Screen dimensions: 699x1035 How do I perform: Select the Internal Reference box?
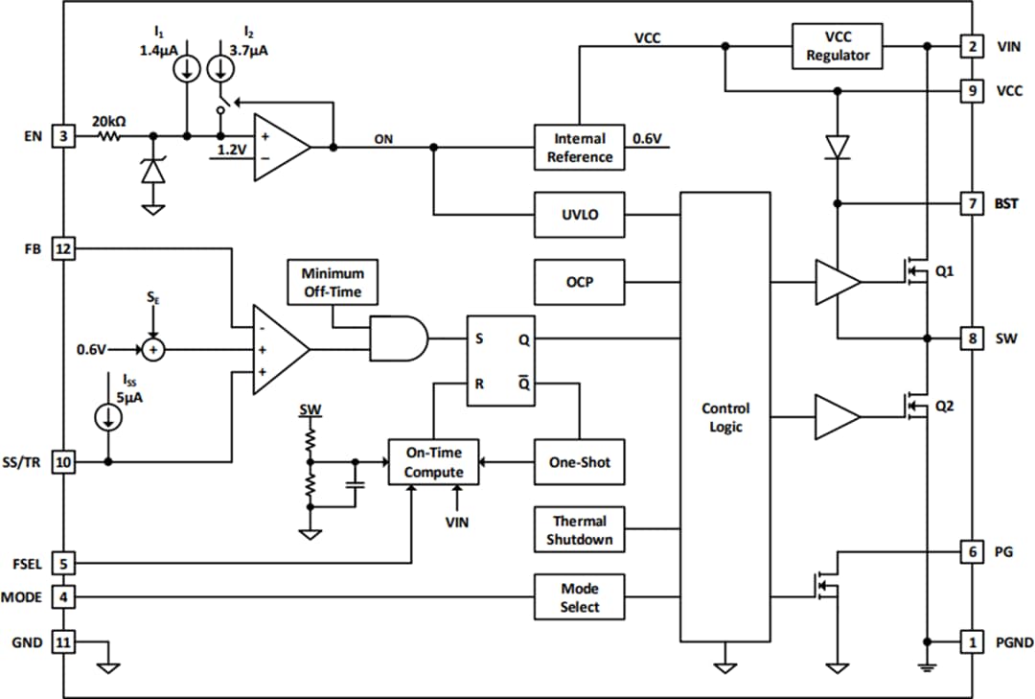point(580,148)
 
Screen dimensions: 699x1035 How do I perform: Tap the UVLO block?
point(580,214)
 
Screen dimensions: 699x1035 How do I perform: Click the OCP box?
point(580,282)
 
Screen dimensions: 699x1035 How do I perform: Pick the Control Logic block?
point(725,417)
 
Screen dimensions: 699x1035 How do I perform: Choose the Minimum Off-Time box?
point(333,282)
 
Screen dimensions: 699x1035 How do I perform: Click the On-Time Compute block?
point(433,463)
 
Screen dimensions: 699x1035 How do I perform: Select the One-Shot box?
point(580,462)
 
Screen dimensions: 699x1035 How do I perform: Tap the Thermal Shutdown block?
point(580,530)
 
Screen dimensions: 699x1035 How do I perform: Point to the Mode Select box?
point(580,597)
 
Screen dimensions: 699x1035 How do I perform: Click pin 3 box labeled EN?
point(63,137)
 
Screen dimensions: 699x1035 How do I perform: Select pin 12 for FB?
point(63,248)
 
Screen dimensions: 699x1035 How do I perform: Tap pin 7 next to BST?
point(972,203)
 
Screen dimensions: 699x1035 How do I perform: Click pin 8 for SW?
point(972,338)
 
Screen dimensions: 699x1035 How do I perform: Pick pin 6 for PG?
point(972,551)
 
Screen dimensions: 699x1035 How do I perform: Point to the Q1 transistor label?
point(945,271)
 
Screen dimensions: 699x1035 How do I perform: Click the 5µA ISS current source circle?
point(108,417)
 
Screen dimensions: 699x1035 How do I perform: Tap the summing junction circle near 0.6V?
point(151,350)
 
